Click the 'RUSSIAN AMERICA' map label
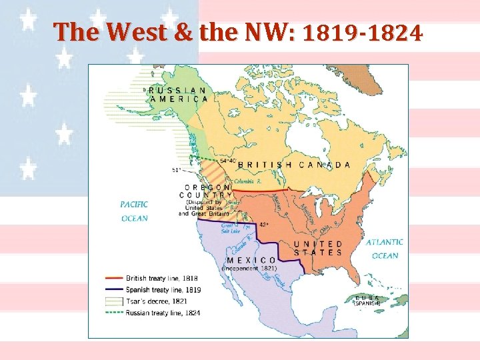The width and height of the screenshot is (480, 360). coord(177,94)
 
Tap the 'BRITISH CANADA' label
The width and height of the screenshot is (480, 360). coord(294,165)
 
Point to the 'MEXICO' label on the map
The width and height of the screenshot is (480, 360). coord(252,260)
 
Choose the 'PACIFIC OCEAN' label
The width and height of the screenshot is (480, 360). coord(135,211)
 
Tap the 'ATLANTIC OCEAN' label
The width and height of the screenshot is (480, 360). coord(384,249)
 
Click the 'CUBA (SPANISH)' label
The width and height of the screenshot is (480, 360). coord(368,300)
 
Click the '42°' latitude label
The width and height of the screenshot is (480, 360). coord(264,225)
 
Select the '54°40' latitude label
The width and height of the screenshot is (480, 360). coord(228,161)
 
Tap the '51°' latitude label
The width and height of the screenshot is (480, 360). coord(177,170)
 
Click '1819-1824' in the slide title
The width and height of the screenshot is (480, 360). coord(363,31)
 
